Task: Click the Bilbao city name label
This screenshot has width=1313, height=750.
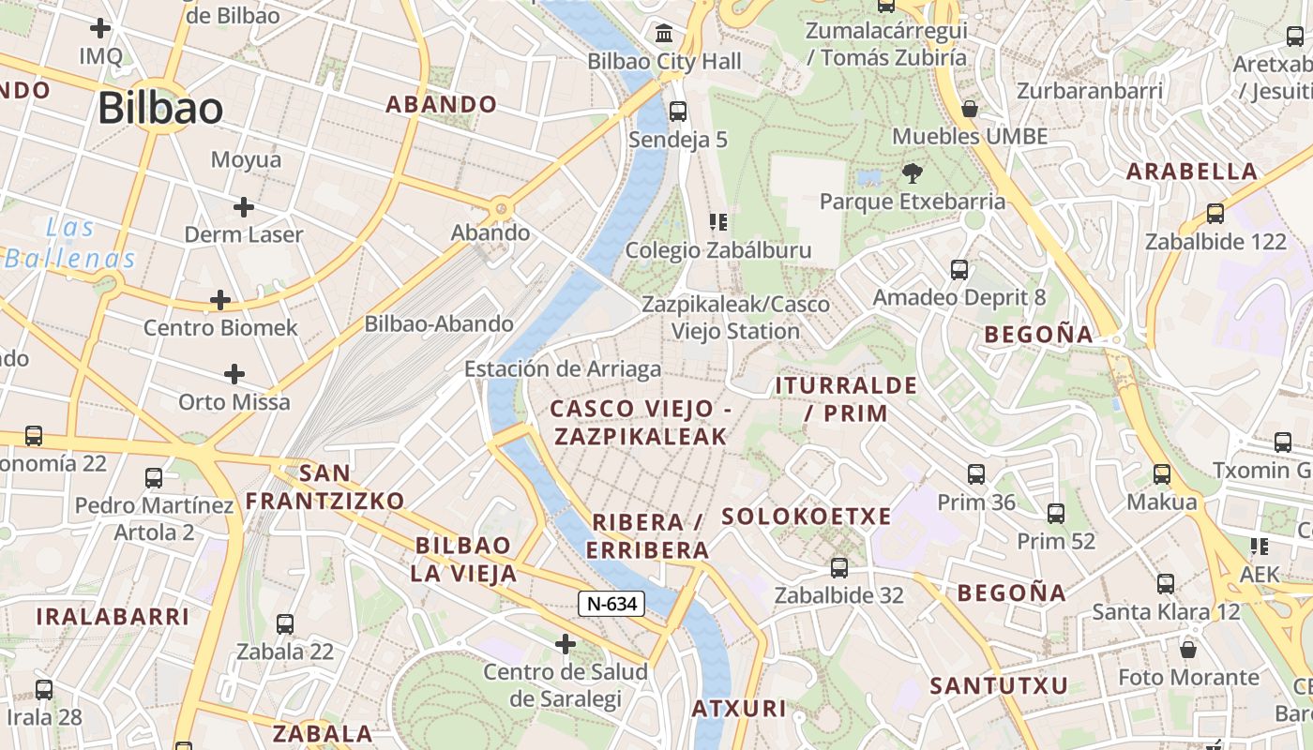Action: click(x=160, y=109)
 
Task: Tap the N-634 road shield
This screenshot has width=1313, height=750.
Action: click(x=611, y=604)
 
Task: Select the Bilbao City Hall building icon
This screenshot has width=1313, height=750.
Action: click(x=665, y=34)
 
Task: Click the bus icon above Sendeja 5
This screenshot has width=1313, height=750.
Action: click(x=678, y=112)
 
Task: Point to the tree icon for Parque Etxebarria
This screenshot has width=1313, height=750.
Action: click(x=912, y=173)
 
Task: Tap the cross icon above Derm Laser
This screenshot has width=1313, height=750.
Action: click(x=244, y=206)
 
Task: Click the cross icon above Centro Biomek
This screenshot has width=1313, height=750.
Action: click(x=220, y=300)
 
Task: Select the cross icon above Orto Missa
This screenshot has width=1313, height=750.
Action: click(x=234, y=375)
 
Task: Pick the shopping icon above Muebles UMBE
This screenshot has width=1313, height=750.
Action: click(x=970, y=109)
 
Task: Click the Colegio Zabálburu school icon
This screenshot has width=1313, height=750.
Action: click(x=718, y=222)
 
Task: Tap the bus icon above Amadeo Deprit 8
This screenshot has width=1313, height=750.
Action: click(x=959, y=270)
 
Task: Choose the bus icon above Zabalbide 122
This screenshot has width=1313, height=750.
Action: click(x=1215, y=214)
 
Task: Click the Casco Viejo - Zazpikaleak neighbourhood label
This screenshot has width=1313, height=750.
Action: click(x=641, y=422)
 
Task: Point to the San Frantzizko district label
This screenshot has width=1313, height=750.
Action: click(x=324, y=487)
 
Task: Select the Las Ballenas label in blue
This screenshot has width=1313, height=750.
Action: click(x=70, y=243)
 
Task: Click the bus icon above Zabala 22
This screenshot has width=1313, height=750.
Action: click(x=285, y=623)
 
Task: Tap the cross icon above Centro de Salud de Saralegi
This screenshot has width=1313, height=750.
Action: click(x=566, y=644)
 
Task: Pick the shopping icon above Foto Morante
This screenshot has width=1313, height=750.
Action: click(x=1188, y=650)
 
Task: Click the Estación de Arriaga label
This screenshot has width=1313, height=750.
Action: click(x=563, y=369)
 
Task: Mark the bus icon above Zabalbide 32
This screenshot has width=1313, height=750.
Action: click(x=839, y=567)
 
